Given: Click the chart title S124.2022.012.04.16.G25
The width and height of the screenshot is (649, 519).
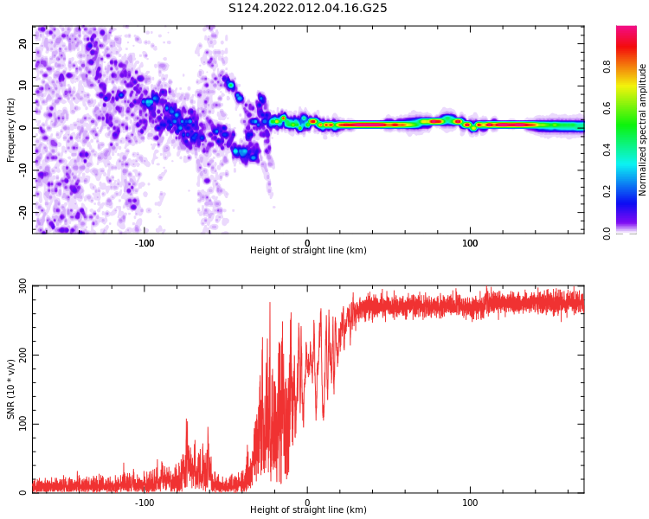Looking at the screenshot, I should tap(308, 9).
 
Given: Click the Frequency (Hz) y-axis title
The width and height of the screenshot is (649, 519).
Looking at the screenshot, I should tap(11, 130).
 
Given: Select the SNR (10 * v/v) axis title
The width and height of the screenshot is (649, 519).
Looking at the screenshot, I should tap(11, 389).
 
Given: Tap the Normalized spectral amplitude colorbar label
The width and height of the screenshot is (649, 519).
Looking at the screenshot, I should tap(643, 130).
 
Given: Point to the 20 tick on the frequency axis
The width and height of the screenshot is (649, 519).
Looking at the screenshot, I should tap(23, 43).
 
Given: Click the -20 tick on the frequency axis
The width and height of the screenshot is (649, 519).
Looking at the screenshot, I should tap(23, 211).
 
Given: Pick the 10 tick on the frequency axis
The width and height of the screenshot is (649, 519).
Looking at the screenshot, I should tap(23, 86).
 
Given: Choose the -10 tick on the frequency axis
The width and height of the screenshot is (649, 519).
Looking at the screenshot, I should tap(23, 170).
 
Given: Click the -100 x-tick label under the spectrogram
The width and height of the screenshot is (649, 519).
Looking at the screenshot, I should tap(144, 243).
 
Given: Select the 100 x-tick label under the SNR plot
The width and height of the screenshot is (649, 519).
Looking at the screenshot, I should tap(470, 503).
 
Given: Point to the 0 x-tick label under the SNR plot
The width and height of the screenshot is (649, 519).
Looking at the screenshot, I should tap(307, 503).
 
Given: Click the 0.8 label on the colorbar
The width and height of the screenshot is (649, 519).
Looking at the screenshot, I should tap(607, 67).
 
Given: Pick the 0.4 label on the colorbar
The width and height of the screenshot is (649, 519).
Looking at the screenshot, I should tap(607, 150).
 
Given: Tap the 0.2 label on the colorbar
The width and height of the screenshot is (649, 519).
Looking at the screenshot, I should tap(607, 191).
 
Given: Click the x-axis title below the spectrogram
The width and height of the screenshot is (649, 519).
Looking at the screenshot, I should tap(308, 251).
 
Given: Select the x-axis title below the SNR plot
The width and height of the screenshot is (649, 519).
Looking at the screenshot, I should tap(308, 510).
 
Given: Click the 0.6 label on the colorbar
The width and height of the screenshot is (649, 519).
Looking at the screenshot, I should tap(607, 108).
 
